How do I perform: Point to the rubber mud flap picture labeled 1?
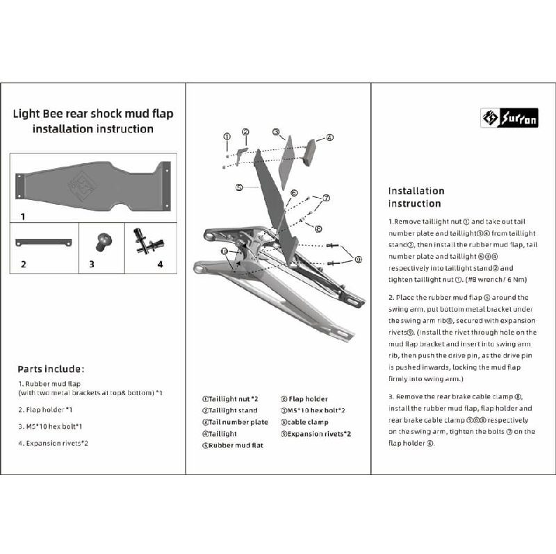(94, 185)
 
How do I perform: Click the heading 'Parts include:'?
(51, 369)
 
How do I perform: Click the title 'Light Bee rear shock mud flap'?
(93, 112)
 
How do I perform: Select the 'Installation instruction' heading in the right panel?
(416, 197)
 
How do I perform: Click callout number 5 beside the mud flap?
(238, 187)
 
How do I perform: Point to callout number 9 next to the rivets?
(359, 259)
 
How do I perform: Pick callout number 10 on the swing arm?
(224, 251)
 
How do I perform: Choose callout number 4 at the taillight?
(330, 137)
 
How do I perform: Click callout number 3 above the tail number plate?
(276, 132)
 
